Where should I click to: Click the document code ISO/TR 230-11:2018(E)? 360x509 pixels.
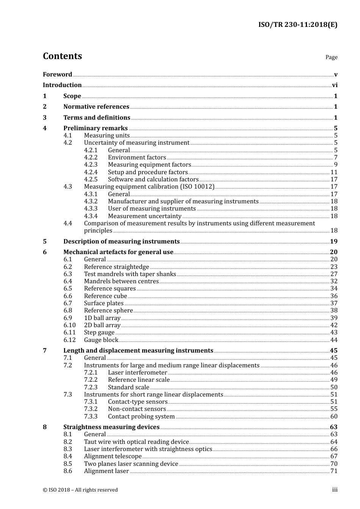pyautogui.click(x=298, y=25)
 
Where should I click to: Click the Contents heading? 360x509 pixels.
pyautogui.click(x=62, y=56)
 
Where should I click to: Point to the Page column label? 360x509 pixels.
pyautogui.click(x=331, y=57)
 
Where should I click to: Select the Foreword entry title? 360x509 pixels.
pyautogui.click(x=57, y=74)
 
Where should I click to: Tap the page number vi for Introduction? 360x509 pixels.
pyautogui.click(x=335, y=85)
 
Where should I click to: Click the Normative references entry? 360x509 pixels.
pyautogui.click(x=96, y=107)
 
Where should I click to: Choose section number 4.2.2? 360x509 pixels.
pyautogui.click(x=91, y=158)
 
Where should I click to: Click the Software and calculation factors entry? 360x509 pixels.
pyautogui.click(x=153, y=180)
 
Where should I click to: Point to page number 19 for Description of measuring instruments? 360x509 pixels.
pyautogui.click(x=333, y=242)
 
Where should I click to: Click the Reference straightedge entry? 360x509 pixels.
pyautogui.click(x=116, y=267)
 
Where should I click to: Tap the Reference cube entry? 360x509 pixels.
pyautogui.click(x=105, y=296)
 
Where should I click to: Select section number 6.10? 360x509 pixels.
pyautogui.click(x=69, y=325)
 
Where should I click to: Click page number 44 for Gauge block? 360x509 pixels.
pyautogui.click(x=334, y=340)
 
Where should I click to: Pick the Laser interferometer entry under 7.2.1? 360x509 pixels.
pyautogui.click(x=137, y=373)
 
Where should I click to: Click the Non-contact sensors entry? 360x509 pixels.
pyautogui.click(x=137, y=409)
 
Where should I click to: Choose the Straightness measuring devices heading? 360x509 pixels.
pyautogui.click(x=111, y=427)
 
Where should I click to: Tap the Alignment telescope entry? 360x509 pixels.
pyautogui.click(x=113, y=456)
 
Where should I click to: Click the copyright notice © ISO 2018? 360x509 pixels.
pyautogui.click(x=80, y=490)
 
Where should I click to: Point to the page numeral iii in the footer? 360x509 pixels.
pyautogui.click(x=335, y=490)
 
